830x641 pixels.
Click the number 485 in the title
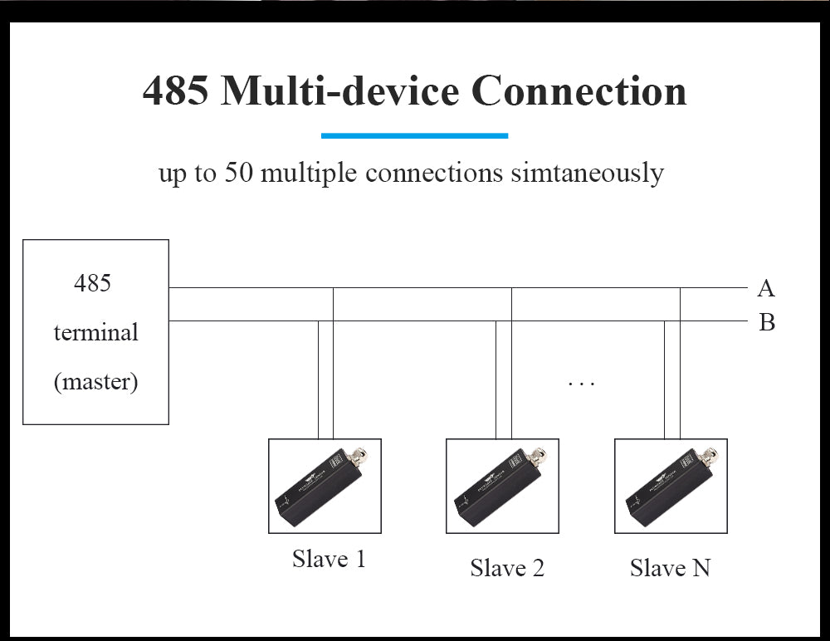pos(174,91)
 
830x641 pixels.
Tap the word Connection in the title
pos(579,91)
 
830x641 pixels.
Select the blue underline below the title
pos(414,135)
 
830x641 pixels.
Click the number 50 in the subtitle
pos(240,173)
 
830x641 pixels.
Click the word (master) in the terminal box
pos(95,382)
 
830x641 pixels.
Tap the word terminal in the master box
pos(95,333)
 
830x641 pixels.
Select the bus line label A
pos(765,288)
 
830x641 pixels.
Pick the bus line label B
pos(766,322)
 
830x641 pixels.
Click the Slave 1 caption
pos(329,559)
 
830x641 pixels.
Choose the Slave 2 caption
pos(507,568)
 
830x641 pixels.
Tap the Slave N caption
pos(670,568)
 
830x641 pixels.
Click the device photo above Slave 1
pos(325,486)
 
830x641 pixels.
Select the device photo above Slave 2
pos(502,486)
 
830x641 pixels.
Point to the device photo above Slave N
pos(671,486)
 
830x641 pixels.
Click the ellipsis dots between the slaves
pos(581,384)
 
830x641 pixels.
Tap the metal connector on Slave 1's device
pos(360,455)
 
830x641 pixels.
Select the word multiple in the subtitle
pos(312,173)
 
